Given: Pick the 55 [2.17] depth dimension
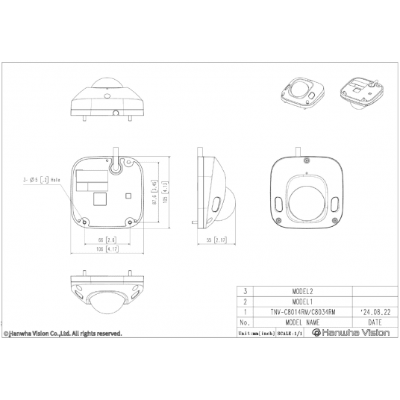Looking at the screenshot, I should (x=214, y=240).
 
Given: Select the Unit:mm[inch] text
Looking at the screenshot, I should (x=254, y=334).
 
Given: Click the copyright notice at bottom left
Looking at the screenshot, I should (x=62, y=334).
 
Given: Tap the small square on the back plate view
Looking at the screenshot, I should (x=129, y=196).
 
